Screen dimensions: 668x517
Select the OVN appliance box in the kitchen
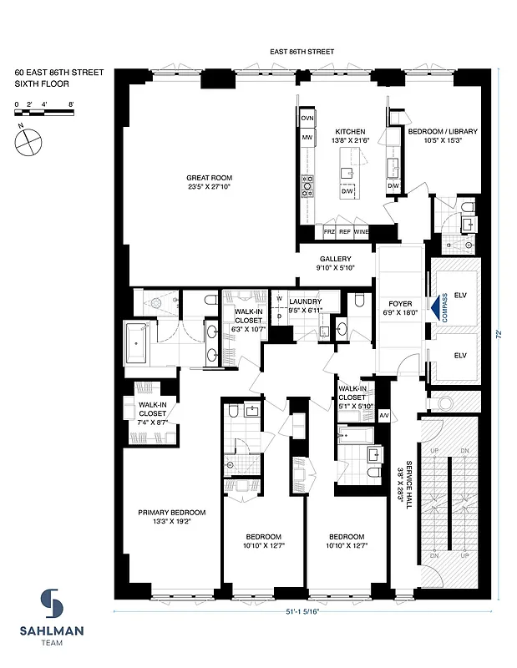[307, 119]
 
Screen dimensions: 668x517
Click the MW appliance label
[307, 137]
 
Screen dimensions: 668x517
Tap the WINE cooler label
[361, 231]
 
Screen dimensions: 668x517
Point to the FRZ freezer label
[329, 231]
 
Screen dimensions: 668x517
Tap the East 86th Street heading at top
[302, 52]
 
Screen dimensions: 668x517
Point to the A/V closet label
[384, 415]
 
